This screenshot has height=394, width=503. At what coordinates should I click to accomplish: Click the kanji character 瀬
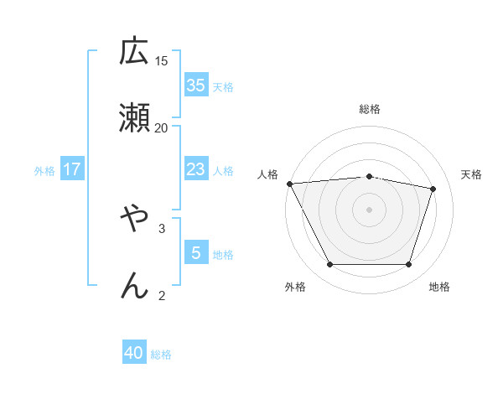[134, 118]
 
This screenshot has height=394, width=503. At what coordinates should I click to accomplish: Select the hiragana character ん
[134, 286]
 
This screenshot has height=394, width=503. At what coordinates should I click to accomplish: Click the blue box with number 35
[196, 86]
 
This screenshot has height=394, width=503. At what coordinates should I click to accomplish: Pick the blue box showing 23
[196, 169]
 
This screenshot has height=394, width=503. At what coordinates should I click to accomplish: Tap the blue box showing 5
[196, 253]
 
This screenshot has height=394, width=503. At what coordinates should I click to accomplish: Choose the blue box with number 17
[72, 169]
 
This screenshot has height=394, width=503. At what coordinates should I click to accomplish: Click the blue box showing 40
[134, 353]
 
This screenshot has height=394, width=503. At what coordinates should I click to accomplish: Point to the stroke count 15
[162, 60]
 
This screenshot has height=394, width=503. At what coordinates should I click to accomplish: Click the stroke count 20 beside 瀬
[162, 127]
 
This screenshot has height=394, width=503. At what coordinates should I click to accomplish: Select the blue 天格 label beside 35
[223, 87]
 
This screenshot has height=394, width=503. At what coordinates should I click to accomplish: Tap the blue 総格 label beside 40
[161, 355]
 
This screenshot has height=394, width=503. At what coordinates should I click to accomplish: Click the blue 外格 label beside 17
[44, 171]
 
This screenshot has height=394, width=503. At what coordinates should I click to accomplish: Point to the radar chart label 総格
[370, 109]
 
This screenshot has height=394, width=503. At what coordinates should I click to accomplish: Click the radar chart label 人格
[268, 174]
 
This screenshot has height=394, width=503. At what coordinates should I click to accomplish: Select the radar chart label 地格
[439, 287]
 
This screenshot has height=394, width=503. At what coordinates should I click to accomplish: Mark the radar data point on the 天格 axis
[433, 189]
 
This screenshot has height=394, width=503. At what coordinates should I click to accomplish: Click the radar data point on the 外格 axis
[329, 265]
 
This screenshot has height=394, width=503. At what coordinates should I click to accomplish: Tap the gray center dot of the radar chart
[370, 210]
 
